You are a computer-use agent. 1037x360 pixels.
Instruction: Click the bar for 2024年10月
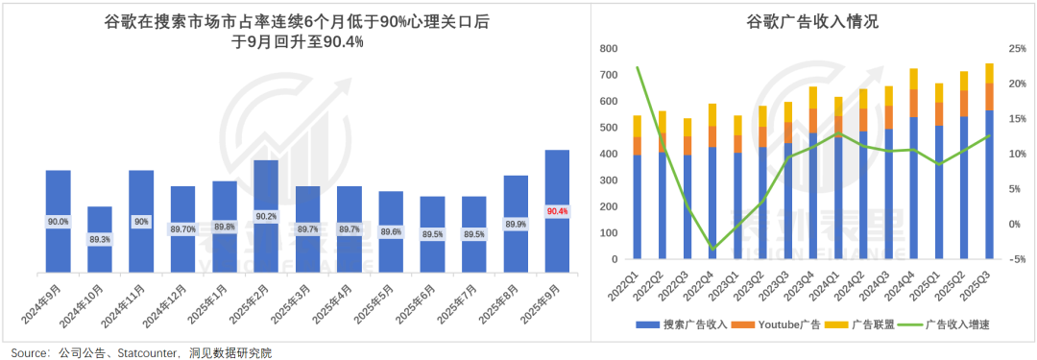coord(100,238)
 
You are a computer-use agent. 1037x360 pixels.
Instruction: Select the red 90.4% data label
coord(557,211)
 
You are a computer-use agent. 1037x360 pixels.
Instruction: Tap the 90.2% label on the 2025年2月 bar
coord(266,217)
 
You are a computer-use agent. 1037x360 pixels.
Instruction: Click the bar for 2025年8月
coord(516,223)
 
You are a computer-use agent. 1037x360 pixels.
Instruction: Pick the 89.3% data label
coord(100,239)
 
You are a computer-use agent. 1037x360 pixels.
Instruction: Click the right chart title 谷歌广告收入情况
coord(812,21)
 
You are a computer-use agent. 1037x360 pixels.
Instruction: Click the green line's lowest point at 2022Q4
coord(711,249)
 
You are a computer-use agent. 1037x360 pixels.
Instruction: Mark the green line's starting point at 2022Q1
coord(637,67)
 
